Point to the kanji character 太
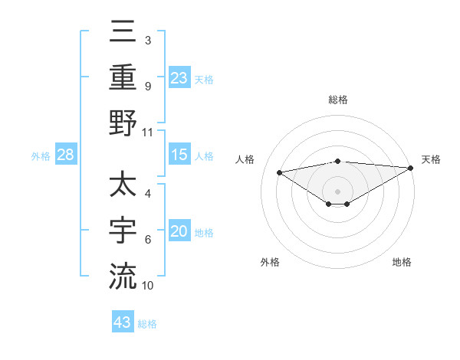tap(123, 187)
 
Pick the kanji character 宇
tap(123, 231)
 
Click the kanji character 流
tap(123, 276)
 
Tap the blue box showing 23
tap(179, 77)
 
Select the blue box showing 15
tap(179, 155)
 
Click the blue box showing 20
tap(179, 232)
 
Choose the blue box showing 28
tap(66, 155)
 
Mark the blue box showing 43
tap(123, 322)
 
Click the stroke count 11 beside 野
tap(148, 132)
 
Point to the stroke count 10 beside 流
tap(148, 286)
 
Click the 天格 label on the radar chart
tap(431, 159)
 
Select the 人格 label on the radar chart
tap(246, 159)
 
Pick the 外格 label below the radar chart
tap(270, 262)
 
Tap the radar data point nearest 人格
tap(279, 172)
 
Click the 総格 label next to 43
tap(147, 324)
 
